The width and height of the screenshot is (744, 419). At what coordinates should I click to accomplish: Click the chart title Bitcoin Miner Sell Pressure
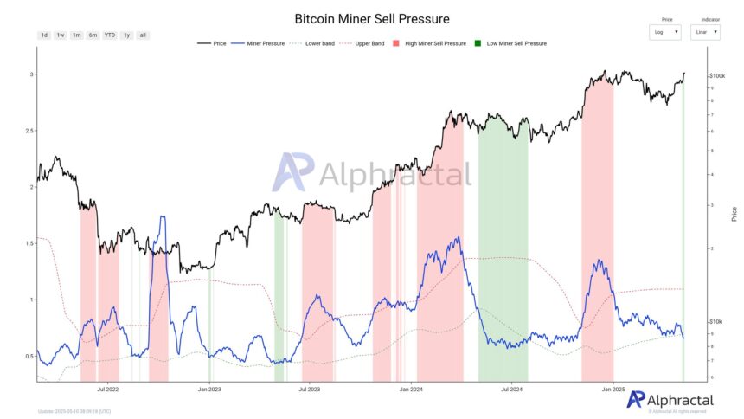click(372, 18)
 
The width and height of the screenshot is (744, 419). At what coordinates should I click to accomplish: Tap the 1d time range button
click(44, 35)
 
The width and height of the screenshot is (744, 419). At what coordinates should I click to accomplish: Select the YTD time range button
click(110, 35)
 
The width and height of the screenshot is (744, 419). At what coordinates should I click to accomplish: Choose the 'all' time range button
click(144, 35)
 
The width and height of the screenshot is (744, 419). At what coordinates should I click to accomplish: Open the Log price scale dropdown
click(665, 32)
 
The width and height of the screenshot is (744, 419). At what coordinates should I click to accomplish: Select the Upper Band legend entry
click(362, 42)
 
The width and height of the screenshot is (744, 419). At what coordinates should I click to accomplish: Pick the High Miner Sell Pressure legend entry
click(430, 42)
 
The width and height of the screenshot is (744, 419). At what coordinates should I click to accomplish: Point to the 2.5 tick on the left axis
click(31, 132)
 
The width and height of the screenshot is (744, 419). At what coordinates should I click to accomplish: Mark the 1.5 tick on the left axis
click(31, 244)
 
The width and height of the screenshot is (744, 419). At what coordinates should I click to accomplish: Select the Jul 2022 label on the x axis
click(108, 390)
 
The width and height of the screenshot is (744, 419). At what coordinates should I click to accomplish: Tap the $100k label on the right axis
click(717, 76)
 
